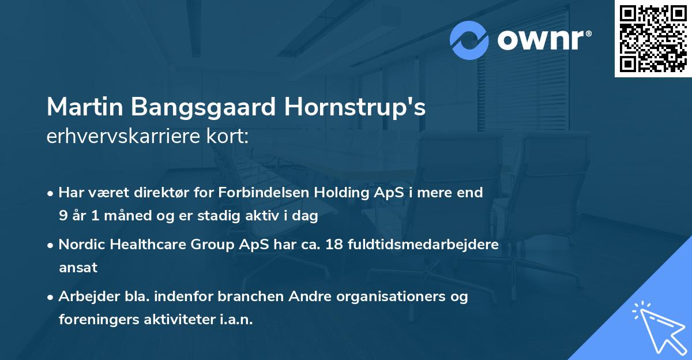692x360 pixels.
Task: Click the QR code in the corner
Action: tap(653, 39)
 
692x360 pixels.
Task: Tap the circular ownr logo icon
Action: tap(469, 40)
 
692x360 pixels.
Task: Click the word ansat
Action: tap(78, 268)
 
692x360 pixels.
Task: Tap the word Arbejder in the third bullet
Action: tap(84, 297)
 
